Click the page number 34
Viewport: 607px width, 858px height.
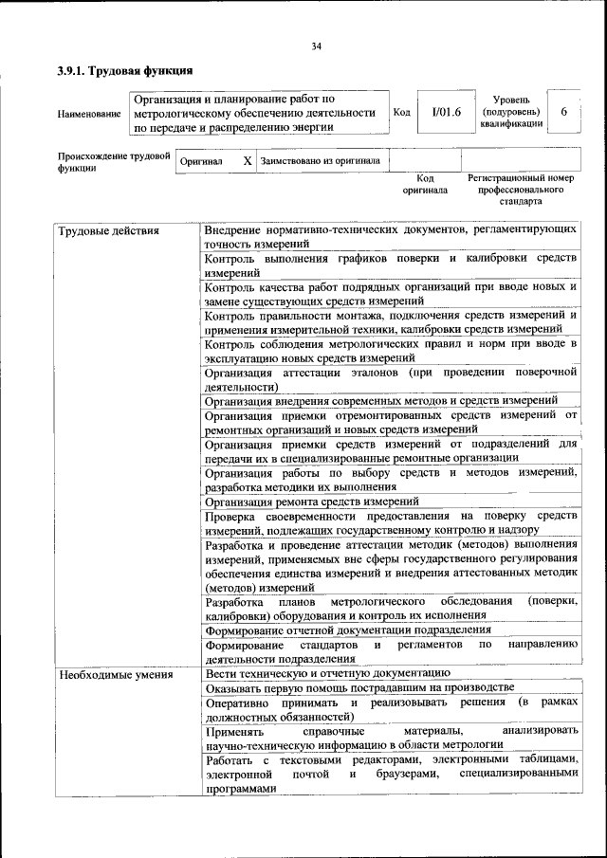[316, 46]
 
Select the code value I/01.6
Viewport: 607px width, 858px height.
[446, 112]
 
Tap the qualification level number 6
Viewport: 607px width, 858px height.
[563, 112]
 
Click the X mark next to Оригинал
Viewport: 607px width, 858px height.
[247, 161]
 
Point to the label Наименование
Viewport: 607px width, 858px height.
[89, 115]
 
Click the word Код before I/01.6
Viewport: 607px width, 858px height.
[401, 112]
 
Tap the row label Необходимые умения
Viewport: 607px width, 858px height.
[116, 675]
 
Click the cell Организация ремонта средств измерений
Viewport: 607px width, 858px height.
[311, 502]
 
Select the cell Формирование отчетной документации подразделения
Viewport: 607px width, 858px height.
[347, 629]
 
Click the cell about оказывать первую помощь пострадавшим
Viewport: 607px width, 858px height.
[359, 687]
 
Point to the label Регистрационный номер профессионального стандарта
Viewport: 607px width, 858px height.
[521, 190]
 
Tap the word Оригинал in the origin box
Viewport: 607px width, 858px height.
[201, 162]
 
